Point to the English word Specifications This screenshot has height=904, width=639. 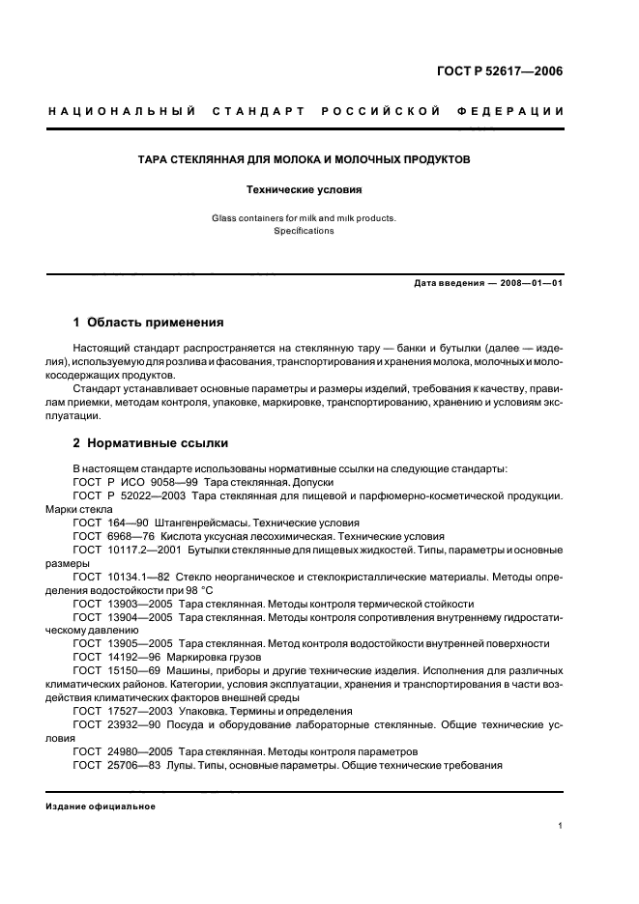pos(304,231)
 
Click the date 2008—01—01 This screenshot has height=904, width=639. pos(531,283)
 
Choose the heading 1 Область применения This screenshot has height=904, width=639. pos(149,322)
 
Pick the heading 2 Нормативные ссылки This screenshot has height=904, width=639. pos(151,443)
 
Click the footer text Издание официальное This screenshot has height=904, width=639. pos(101,806)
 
